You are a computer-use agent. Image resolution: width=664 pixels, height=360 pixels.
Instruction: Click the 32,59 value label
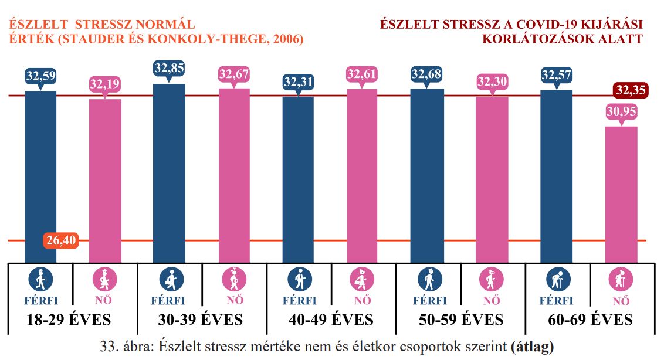click(40, 76)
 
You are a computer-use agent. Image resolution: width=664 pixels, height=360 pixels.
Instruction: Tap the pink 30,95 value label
click(621, 111)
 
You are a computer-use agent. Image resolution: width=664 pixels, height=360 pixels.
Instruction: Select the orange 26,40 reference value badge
click(61, 240)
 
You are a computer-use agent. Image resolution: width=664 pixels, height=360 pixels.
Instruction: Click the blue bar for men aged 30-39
click(169, 173)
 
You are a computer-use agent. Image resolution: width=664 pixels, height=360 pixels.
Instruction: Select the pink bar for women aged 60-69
click(621, 193)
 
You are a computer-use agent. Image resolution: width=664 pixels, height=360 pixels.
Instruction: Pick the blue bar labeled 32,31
click(298, 179)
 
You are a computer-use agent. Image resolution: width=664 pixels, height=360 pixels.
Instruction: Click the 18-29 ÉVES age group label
click(69, 320)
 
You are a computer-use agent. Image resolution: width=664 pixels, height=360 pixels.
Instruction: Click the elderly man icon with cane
click(557, 280)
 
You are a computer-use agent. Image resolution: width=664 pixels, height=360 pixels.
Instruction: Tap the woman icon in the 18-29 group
click(105, 280)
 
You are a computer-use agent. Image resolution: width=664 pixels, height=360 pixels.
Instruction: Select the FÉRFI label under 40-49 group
click(299, 301)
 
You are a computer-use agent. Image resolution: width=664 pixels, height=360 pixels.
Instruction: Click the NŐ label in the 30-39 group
click(235, 301)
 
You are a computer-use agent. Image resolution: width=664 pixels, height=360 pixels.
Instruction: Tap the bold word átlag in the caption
click(533, 346)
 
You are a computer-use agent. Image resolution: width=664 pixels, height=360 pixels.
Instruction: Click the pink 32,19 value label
click(105, 84)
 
